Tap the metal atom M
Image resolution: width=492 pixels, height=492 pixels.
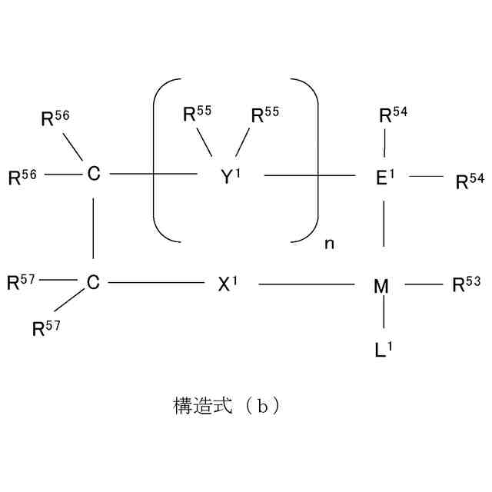coord(381,286)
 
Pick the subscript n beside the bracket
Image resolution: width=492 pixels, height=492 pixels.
coord(329,243)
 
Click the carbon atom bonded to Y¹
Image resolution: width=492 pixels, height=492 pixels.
coord(93,175)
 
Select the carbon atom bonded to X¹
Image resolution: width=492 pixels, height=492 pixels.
coord(93,284)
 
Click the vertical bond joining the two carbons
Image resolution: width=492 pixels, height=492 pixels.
coord(93,228)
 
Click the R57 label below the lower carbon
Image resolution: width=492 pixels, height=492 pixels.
coord(45,328)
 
